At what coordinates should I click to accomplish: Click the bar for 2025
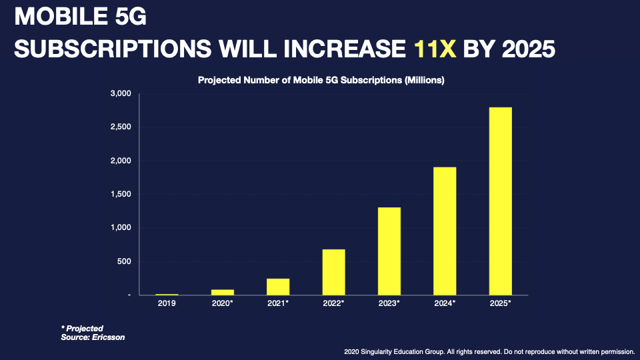click(500, 201)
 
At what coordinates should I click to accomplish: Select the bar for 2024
click(445, 231)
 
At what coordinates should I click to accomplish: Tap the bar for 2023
click(389, 251)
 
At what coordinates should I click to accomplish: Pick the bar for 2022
click(333, 272)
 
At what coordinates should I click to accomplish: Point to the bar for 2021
click(278, 287)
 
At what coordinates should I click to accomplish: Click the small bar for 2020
click(223, 292)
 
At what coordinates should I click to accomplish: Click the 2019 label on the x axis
click(167, 303)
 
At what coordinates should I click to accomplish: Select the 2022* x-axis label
click(333, 303)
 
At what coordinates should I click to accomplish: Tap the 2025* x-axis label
click(500, 303)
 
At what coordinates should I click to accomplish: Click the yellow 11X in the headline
click(435, 49)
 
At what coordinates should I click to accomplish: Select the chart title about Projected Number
click(321, 80)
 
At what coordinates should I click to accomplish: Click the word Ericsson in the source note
click(106, 337)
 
